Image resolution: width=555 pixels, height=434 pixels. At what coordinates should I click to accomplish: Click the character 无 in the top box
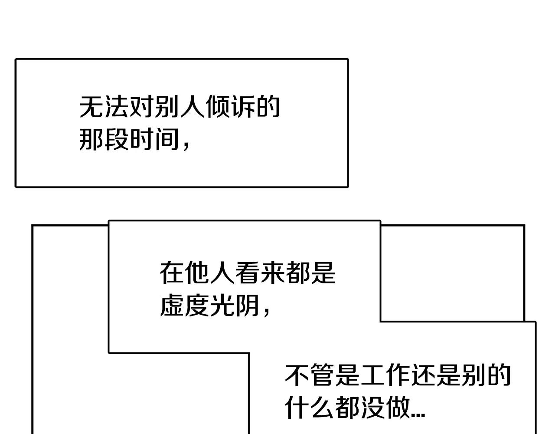91,107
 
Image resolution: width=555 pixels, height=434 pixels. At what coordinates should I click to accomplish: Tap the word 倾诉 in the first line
230,107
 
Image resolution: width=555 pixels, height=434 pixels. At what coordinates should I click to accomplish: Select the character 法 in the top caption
117,107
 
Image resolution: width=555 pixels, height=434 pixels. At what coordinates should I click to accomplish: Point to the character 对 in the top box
142,107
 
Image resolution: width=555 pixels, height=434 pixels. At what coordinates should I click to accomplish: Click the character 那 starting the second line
91,140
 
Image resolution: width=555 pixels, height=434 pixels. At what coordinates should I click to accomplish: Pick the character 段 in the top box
117,140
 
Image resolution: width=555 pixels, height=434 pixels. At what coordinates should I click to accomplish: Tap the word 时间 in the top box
154,140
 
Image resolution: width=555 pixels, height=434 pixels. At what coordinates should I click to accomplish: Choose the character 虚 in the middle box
172,306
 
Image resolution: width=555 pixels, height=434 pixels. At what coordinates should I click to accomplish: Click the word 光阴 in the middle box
235,306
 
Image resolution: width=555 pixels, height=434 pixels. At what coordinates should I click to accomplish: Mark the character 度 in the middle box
197,306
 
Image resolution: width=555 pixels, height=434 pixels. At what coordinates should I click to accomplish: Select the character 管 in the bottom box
322,375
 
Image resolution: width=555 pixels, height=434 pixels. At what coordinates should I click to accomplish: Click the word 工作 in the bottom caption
385,375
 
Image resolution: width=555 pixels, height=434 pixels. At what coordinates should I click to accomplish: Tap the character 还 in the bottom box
423,375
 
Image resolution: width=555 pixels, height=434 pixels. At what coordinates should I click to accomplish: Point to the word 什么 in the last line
310,408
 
